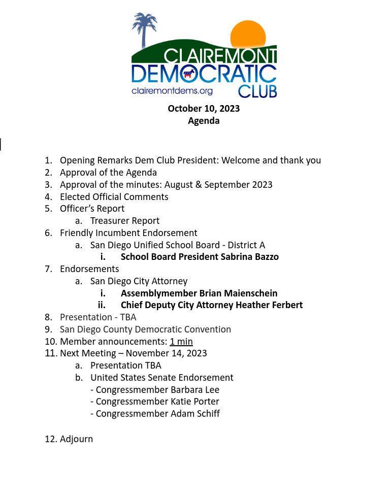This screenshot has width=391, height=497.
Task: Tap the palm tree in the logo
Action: [145, 28]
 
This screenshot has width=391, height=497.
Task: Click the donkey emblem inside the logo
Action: [189, 74]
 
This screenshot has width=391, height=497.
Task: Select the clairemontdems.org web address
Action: [172, 91]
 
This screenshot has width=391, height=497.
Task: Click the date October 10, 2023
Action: [204, 108]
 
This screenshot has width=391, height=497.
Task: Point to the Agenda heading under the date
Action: [204, 121]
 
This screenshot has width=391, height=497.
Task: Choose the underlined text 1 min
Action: [181, 342]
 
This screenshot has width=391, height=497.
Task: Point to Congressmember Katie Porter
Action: [157, 402]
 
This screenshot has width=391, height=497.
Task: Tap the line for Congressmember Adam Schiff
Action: [157, 414]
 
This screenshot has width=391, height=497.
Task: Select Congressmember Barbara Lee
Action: [157, 390]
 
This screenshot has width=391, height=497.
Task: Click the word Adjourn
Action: [76, 439]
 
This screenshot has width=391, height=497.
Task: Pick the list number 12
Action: [50, 439]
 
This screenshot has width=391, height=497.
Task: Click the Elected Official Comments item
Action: [114, 197]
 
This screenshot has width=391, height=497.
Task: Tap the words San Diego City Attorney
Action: [139, 281]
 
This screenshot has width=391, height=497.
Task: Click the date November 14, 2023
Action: [167, 353]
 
